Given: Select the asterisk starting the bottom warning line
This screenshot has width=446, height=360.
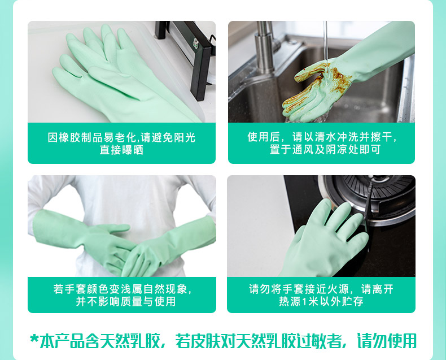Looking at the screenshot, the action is tap(34, 339).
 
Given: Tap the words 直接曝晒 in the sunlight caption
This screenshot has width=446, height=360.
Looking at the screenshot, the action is tap(121, 150).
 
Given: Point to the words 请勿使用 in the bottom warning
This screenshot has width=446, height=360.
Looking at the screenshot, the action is tap(387, 341).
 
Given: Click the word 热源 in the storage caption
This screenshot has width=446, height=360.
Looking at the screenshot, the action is tap(290, 302).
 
